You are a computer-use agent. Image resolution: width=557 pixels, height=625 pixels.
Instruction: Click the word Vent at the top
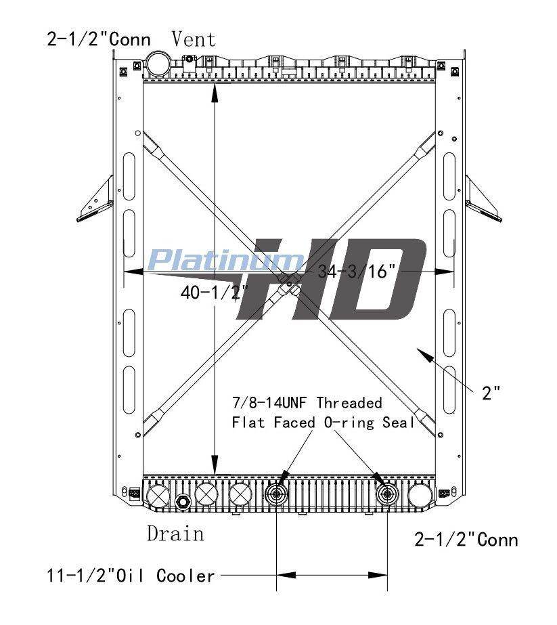[x=194, y=39]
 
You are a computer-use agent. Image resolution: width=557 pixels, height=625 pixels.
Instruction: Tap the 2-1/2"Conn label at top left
[x=99, y=39]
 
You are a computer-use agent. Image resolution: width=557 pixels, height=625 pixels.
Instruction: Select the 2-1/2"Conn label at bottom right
[x=466, y=540]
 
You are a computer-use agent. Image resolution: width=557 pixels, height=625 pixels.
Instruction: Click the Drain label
[x=175, y=534]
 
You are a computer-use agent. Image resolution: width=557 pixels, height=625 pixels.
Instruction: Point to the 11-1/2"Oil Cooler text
[x=131, y=576]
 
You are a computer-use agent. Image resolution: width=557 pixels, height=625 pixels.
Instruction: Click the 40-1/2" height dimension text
[x=215, y=293]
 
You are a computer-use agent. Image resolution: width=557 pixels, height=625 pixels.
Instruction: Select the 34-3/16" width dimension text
[x=357, y=272]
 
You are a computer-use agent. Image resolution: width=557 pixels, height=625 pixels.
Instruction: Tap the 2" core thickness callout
[x=491, y=393]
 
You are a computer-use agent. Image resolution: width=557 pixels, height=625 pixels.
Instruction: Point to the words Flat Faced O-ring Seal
[x=323, y=423]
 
